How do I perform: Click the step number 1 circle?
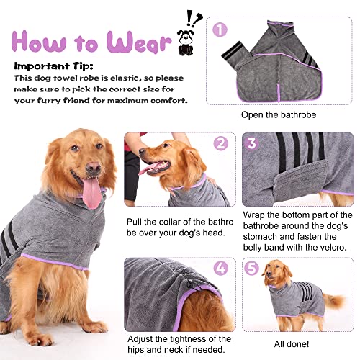(x=220, y=30)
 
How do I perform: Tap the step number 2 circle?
(x=221, y=143)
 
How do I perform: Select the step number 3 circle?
(x=251, y=143)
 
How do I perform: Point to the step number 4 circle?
(x=221, y=268)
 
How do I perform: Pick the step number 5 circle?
(x=251, y=268)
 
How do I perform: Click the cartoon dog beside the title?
(x=186, y=42)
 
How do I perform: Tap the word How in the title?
(x=39, y=42)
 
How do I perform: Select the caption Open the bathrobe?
(x=279, y=114)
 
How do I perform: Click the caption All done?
(x=292, y=344)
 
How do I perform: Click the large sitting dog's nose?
(x=94, y=167)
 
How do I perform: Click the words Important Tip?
(x=53, y=66)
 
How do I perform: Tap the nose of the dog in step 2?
(x=142, y=151)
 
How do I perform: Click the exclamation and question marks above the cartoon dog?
(x=194, y=18)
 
